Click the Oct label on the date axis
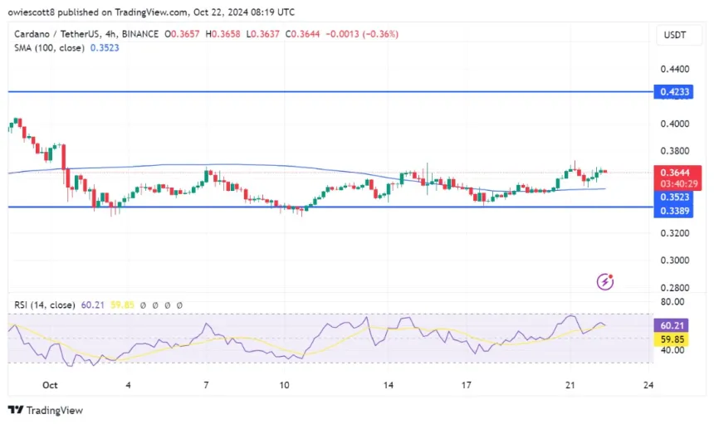click(50, 385)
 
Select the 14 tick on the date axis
click(387, 385)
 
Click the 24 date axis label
click(648, 385)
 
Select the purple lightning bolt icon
click(606, 282)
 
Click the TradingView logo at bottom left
click(46, 410)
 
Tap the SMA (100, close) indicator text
click(49, 48)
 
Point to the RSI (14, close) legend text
click(46, 305)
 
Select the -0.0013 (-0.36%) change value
click(365, 34)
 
